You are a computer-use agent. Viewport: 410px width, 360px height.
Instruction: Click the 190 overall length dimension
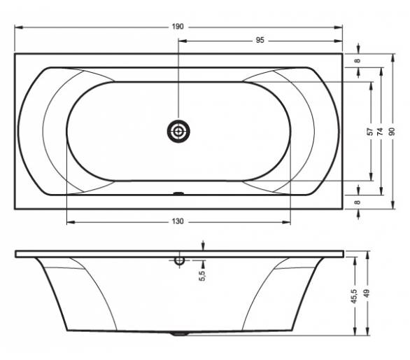coord(178,27)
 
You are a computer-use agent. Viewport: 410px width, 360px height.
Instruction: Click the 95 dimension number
coord(260,41)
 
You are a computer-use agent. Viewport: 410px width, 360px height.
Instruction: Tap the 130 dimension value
coord(178,221)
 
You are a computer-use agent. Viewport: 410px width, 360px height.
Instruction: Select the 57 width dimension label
coord(370,132)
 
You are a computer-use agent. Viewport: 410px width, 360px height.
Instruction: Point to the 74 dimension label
coord(381,132)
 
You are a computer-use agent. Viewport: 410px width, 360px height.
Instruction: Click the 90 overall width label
coord(392,132)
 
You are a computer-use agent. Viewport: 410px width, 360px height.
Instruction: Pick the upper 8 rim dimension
coord(358,61)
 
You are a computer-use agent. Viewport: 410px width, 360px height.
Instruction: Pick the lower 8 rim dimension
coord(358,202)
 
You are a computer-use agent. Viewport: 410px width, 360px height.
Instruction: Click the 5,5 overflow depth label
coord(202,276)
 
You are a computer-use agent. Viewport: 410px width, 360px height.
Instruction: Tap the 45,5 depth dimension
coord(354,296)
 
